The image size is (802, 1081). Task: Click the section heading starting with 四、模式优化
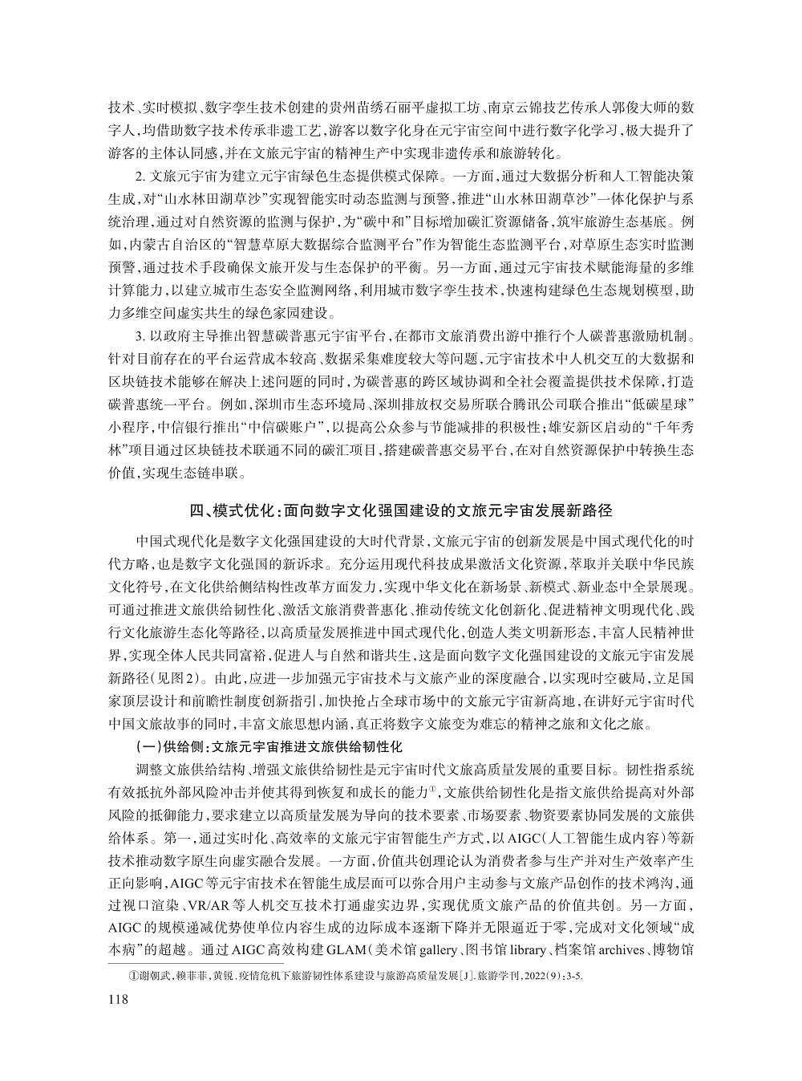(400, 510)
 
